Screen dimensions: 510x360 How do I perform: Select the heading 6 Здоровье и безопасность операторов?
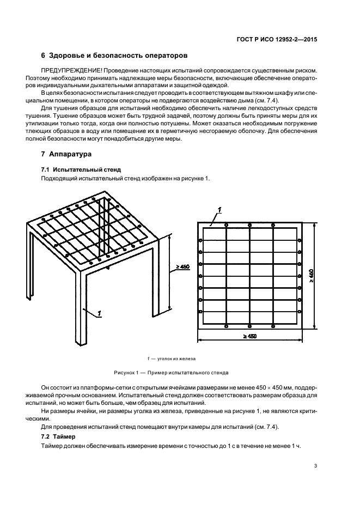(x=114, y=56)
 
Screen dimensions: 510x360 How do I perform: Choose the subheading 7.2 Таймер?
(x=58, y=437)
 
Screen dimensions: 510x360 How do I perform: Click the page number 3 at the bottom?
(x=315, y=465)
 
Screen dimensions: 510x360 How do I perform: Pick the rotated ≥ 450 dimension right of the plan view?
(x=311, y=276)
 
